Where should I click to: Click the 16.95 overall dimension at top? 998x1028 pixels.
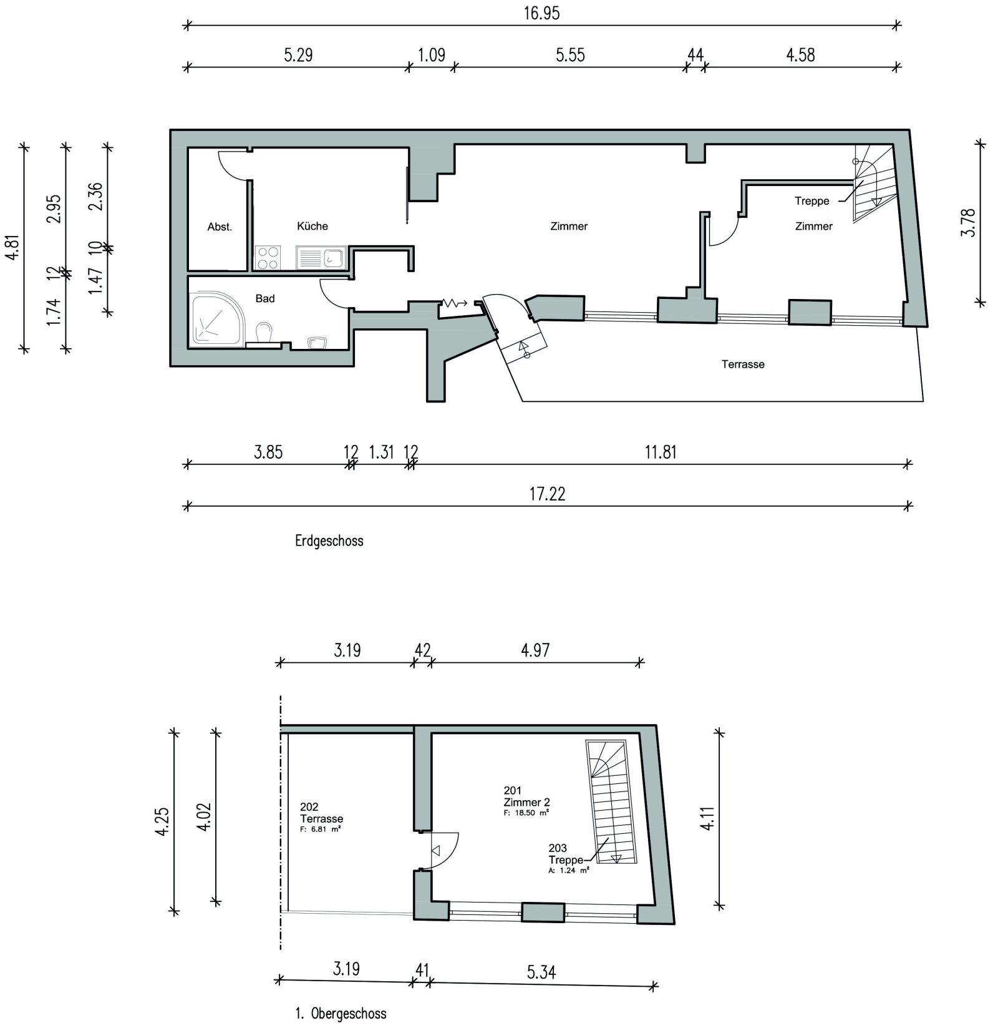tap(541, 14)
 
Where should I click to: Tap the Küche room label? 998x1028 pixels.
tap(312, 226)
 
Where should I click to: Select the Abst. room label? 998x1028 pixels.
tap(220, 227)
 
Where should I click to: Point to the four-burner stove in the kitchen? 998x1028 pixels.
tap(268, 258)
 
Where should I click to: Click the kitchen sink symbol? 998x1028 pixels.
tap(321, 258)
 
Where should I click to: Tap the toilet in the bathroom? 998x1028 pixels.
tap(264, 332)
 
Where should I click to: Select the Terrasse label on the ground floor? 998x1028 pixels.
tap(742, 364)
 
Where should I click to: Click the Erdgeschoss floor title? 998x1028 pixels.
tap(329, 541)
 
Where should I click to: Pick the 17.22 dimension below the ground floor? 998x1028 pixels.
tap(547, 494)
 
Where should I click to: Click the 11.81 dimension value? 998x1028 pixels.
tap(660, 452)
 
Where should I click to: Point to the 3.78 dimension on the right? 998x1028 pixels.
tap(968, 222)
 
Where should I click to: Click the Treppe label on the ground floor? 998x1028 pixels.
tap(811, 201)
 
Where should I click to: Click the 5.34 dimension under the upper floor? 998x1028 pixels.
tap(541, 972)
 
